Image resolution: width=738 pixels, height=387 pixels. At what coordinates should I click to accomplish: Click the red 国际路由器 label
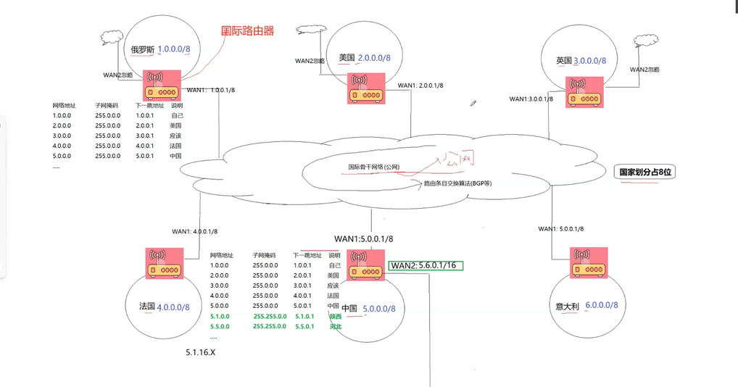click(x=248, y=31)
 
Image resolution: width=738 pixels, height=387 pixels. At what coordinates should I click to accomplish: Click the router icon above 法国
click(x=164, y=263)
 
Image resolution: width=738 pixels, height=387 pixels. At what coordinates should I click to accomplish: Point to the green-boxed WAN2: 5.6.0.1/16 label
click(x=426, y=266)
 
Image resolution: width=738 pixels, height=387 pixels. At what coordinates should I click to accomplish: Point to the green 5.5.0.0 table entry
click(x=220, y=326)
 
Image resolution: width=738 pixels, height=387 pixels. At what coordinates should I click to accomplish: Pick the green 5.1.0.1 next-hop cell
click(x=304, y=316)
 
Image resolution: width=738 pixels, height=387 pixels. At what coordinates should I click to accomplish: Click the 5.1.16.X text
click(x=201, y=352)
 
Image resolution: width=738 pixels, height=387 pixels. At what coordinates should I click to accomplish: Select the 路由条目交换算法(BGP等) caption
click(x=457, y=183)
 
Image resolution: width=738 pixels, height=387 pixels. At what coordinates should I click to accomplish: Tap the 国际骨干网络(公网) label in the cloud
click(x=373, y=167)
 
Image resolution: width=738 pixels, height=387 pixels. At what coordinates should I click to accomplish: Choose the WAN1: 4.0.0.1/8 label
click(x=194, y=231)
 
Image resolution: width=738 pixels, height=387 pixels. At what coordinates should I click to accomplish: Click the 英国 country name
click(x=564, y=61)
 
